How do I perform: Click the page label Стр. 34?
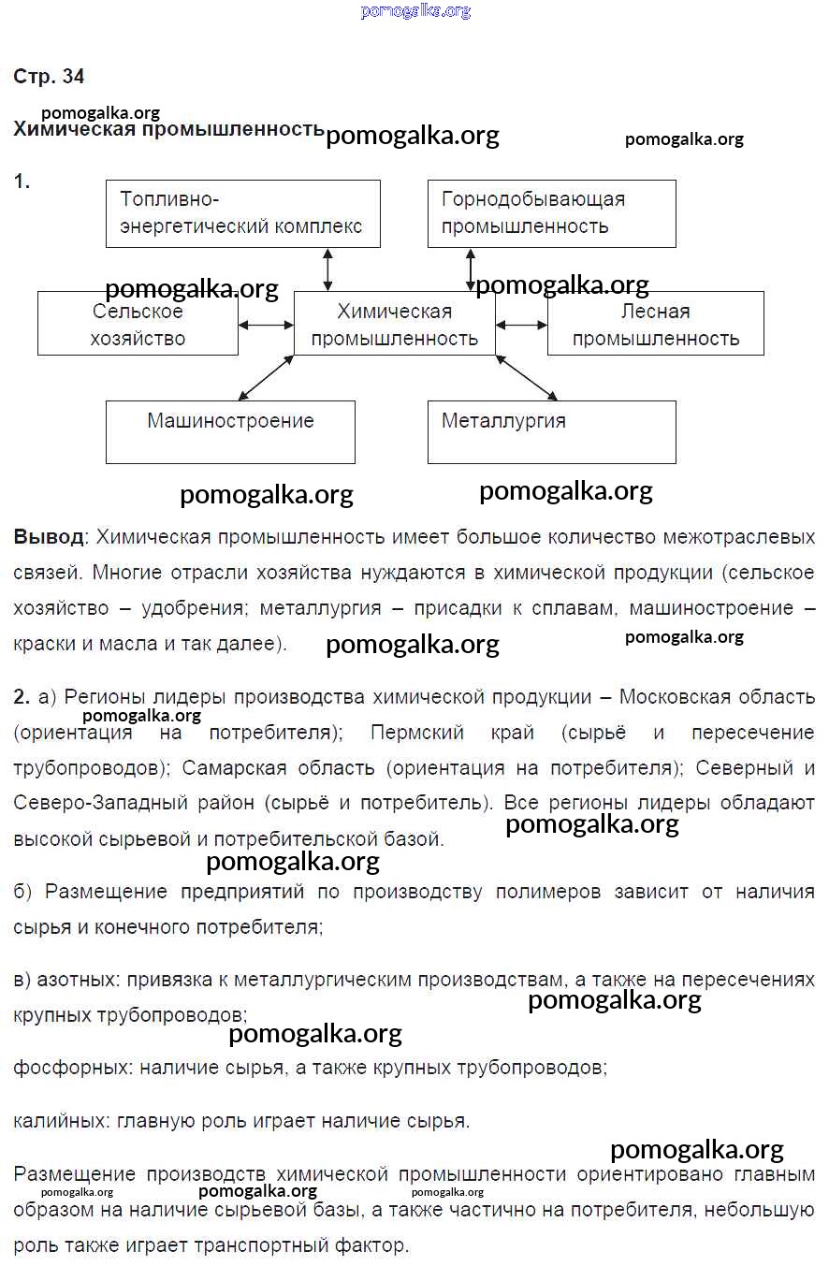49,77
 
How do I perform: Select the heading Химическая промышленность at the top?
168,129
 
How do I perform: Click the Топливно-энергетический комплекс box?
242,213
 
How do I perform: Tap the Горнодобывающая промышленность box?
551,213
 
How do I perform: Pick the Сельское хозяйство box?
138,324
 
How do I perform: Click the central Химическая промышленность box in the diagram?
394,324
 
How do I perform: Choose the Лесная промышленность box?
655,324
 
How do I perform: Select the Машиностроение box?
230,431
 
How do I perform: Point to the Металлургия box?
551,431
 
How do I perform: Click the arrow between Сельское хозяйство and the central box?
266,325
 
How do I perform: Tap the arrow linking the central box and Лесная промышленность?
521,325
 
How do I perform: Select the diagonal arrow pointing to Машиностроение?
267,377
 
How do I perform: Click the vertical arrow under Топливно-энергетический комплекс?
327,269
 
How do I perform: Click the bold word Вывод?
48,538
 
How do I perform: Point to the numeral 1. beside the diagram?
22,182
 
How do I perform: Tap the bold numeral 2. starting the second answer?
22,697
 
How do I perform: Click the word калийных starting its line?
58,1121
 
